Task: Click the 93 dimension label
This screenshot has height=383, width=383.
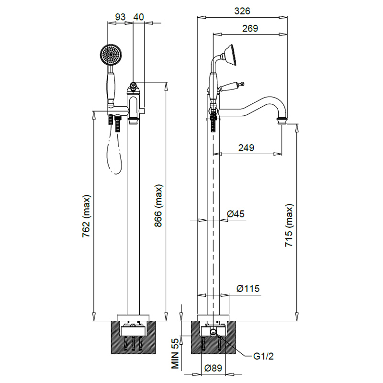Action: [x=120, y=16]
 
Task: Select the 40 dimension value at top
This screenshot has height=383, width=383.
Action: [x=139, y=16]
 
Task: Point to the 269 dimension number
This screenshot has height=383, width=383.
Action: [x=250, y=28]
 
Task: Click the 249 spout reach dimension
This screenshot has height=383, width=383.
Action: [x=246, y=147]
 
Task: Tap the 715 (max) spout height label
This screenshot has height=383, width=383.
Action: [x=289, y=226]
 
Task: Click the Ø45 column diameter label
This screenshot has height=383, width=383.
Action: [x=236, y=214]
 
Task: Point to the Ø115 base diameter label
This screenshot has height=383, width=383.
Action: [x=248, y=289]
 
